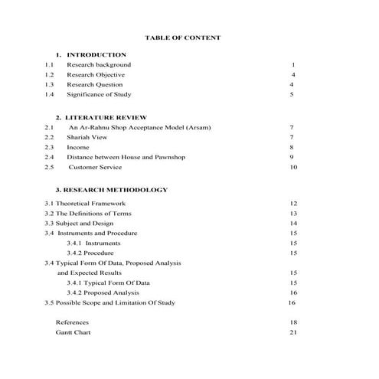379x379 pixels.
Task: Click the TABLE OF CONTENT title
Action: tap(182, 37)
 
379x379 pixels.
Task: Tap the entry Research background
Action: tap(99, 65)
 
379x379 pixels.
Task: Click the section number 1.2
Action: tap(50, 75)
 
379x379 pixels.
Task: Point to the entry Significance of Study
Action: tap(99, 95)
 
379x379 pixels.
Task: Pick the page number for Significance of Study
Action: tap(292, 95)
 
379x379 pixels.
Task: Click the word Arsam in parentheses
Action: tap(197, 127)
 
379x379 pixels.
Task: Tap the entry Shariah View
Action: tap(86, 137)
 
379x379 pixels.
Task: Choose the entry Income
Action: tap(78, 147)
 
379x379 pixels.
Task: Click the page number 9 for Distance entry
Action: tap(292, 157)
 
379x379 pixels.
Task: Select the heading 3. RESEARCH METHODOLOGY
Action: tap(111, 189)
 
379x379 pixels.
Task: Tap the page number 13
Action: tap(293, 214)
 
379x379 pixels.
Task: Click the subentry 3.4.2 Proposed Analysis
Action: tap(103, 292)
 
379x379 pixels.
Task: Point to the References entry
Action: tap(72, 323)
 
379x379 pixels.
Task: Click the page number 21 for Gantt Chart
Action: tap(293, 333)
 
